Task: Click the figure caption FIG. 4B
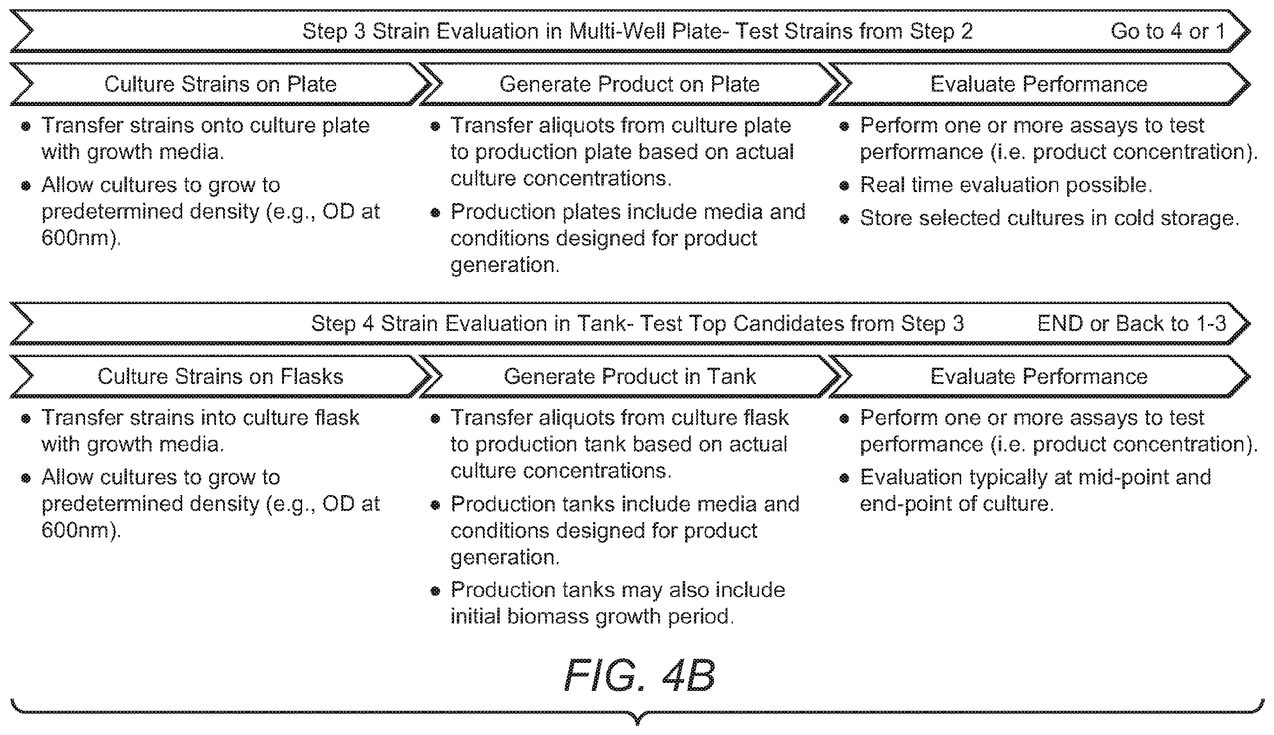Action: tap(639, 675)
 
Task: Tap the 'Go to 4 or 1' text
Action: tap(1168, 31)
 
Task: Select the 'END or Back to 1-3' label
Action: tap(1131, 324)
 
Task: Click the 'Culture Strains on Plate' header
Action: tap(220, 84)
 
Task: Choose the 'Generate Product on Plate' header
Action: tap(630, 84)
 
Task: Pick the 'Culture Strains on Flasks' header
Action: tap(220, 377)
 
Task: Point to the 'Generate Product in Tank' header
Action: tap(630, 377)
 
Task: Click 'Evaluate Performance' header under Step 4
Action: tap(1039, 377)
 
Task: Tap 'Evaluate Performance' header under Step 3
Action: tap(1039, 84)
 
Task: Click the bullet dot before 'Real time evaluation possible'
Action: tap(844, 186)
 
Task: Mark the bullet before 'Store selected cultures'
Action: tap(844, 219)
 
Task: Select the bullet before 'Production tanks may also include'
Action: tap(435, 590)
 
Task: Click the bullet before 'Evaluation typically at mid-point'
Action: tap(844, 478)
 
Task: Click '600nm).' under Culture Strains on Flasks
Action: tap(81, 530)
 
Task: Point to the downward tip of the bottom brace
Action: tap(638, 724)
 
